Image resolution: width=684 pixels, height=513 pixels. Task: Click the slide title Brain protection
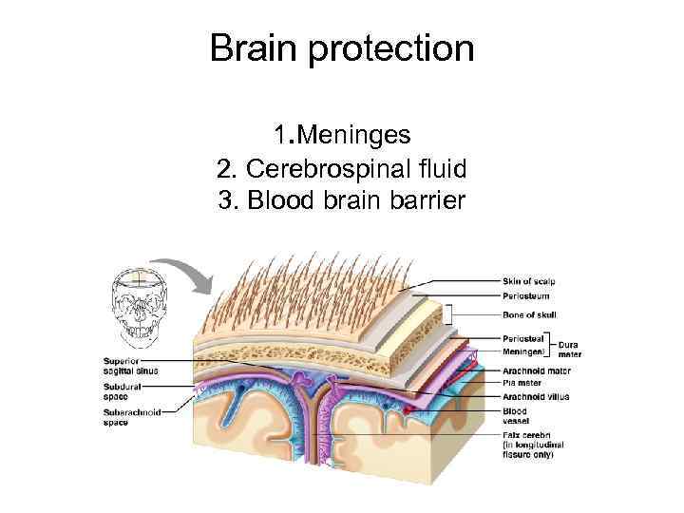pyautogui.click(x=342, y=47)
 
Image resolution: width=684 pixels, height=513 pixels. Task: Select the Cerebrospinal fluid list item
pyautogui.click(x=342, y=169)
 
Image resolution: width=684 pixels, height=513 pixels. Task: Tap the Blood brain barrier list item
pyautogui.click(x=342, y=200)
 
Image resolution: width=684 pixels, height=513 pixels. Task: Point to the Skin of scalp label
pyautogui.click(x=529, y=280)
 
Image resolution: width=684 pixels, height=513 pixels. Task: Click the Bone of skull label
pyautogui.click(x=529, y=313)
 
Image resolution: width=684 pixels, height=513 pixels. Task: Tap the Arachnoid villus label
pyautogui.click(x=536, y=396)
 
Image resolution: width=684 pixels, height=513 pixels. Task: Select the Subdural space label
pyautogui.click(x=123, y=390)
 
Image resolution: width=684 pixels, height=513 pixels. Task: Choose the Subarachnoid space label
pyautogui.click(x=130, y=418)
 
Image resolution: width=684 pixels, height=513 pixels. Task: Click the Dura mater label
pyautogui.click(x=570, y=349)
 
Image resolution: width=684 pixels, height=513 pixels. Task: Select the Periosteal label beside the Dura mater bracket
pyautogui.click(x=523, y=338)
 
